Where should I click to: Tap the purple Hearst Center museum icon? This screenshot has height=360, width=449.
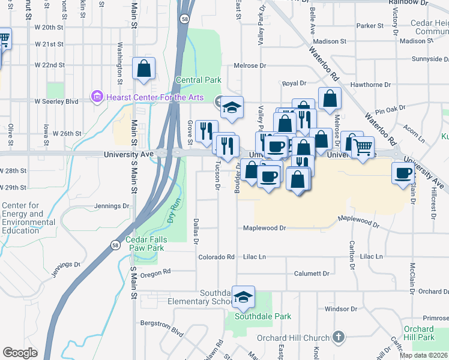tap(97, 97)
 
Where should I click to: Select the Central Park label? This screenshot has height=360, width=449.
tap(198, 80)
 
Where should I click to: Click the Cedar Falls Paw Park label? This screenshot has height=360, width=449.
tap(145, 244)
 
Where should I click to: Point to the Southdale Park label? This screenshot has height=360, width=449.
tap(263, 316)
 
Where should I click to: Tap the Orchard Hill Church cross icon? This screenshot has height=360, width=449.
tap(339, 338)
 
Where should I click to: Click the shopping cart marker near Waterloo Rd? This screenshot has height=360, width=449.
tap(363, 146)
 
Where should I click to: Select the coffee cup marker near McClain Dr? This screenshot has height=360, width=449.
tap(403, 173)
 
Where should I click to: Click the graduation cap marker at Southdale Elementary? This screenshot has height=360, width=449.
tap(243, 297)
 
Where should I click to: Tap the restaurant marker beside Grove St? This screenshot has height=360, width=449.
tap(206, 130)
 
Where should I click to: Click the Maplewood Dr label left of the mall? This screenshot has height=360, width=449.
tap(264, 228)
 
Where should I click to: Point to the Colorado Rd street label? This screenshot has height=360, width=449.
tap(216, 257)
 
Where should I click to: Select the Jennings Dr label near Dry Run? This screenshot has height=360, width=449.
tap(112, 206)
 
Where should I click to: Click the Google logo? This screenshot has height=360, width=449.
tap(20, 353)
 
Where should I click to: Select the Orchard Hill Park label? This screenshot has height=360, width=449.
tap(418, 333)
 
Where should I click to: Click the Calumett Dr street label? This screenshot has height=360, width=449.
tap(312, 274)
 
